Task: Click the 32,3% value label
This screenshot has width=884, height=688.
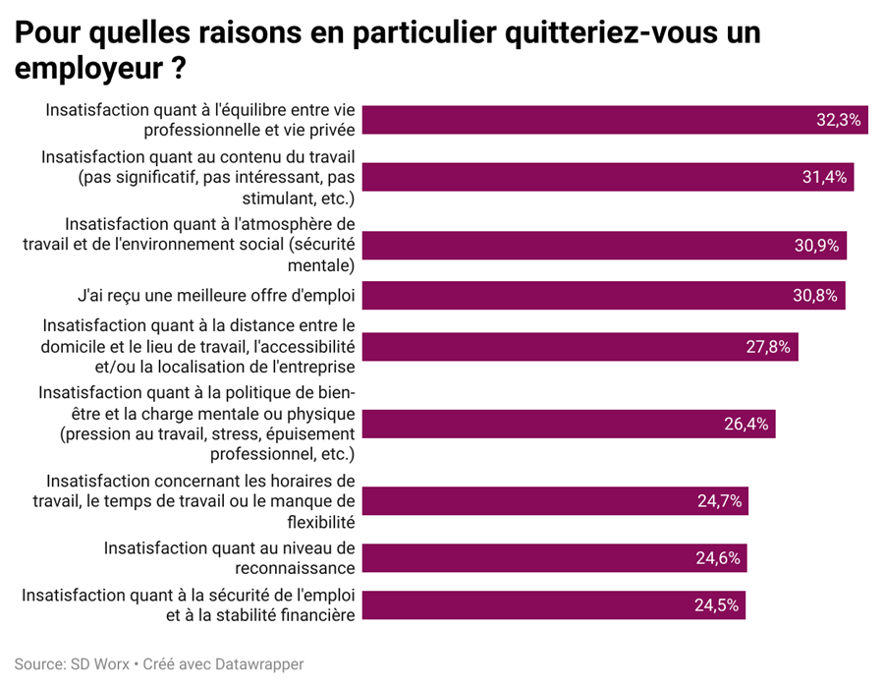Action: tap(839, 120)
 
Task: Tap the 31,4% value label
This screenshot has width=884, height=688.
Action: tap(824, 177)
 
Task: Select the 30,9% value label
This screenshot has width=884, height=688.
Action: tap(817, 246)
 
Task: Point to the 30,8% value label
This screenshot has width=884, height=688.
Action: tap(815, 296)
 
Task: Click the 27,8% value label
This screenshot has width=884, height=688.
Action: tap(768, 346)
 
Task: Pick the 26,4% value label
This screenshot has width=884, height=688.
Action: tap(746, 424)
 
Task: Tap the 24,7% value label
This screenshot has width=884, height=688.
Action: tap(719, 501)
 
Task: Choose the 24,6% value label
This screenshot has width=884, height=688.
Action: tap(718, 557)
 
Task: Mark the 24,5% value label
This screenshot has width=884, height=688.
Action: tap(717, 605)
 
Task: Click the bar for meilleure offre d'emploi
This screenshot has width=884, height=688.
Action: tap(603, 296)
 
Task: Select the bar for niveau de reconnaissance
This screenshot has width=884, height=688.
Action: tap(554, 557)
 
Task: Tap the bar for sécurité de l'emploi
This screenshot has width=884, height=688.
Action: tap(554, 605)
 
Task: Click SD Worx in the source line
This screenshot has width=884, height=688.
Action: tap(100, 663)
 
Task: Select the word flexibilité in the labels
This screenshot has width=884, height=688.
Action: tap(321, 522)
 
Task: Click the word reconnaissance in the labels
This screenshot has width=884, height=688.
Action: tap(295, 568)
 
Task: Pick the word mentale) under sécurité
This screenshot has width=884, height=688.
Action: tap(321, 265)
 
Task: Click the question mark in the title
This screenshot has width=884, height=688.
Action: tap(179, 68)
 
